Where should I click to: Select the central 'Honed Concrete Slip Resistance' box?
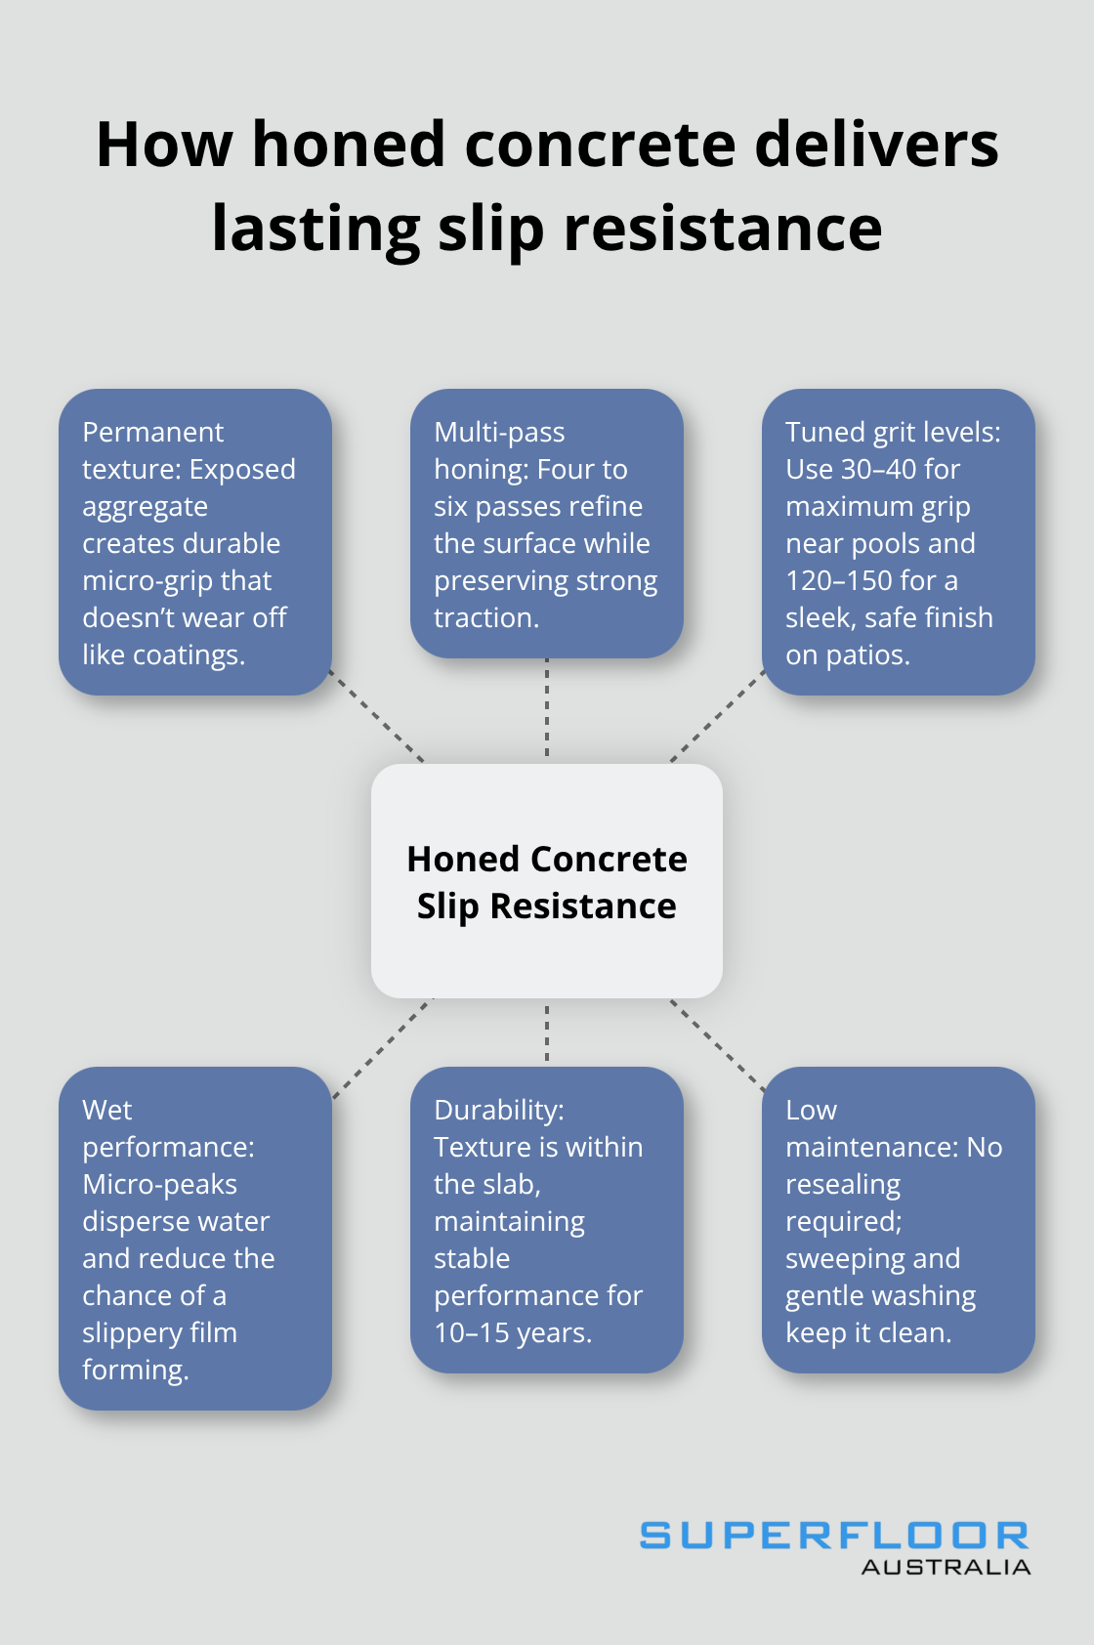tap(547, 881)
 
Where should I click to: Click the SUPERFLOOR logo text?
tap(834, 1536)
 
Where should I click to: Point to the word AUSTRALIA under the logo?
tap(946, 1567)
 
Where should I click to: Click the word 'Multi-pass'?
tap(499, 433)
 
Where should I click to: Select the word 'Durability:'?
tap(499, 1111)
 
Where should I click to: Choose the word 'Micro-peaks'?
tap(159, 1185)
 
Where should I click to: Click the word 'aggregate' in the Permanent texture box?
tap(145, 507)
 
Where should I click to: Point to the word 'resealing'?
tap(843, 1185)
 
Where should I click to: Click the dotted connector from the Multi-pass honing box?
tap(547, 710)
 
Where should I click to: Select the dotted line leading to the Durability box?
tap(547, 1033)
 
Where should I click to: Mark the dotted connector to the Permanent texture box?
tap(377, 715)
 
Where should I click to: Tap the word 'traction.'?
tap(486, 618)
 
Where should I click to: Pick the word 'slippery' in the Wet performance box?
tap(125, 1333)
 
